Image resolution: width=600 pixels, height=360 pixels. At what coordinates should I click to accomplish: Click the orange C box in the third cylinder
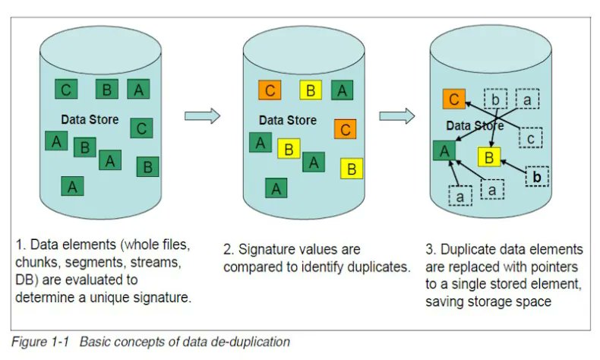453,99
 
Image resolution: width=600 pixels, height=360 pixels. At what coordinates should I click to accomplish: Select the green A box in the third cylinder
444,150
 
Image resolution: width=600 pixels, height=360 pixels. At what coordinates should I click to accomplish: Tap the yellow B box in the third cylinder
490,157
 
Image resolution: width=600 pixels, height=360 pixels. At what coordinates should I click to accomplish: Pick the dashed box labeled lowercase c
530,138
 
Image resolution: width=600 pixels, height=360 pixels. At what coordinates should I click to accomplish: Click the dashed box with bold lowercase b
536,176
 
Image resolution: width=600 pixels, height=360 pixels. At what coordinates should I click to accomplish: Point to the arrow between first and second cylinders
202,115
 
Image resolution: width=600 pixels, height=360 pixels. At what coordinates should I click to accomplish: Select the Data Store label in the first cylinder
90,120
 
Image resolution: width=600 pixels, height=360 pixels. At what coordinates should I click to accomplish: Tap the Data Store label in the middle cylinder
287,120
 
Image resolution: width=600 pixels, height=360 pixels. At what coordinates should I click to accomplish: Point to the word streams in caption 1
155,264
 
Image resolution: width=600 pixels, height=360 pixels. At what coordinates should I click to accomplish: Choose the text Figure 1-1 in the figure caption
39,342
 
